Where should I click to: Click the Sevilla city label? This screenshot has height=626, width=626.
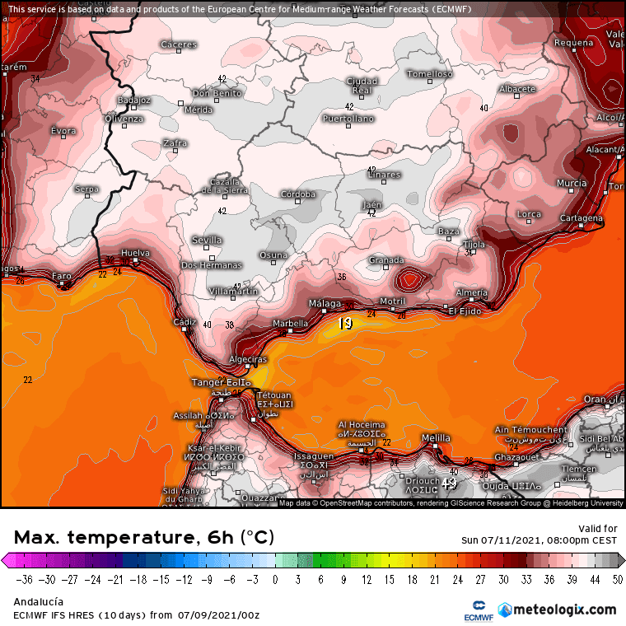tap(207, 240)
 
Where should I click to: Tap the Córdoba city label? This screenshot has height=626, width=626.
tap(298, 194)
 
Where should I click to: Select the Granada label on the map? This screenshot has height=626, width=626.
tap(386, 260)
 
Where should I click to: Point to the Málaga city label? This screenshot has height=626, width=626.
tap(325, 304)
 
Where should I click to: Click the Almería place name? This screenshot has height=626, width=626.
tap(471, 292)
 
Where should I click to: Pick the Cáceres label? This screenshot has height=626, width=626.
tap(179, 44)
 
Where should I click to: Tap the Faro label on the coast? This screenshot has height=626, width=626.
tap(62, 276)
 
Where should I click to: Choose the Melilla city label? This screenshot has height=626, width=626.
tap(436, 437)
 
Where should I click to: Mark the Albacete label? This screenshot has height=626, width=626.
tap(517, 89)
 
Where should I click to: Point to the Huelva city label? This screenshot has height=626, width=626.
tap(135, 253)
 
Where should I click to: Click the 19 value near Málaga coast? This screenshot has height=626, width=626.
tap(345, 324)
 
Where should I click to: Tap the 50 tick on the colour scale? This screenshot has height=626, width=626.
tap(617, 578)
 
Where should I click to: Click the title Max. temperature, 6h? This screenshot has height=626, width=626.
tap(144, 538)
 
